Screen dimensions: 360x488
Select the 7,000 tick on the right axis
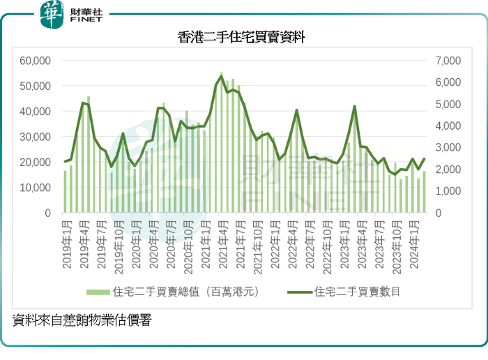pos(449,61)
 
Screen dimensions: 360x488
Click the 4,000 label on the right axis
pos(449,126)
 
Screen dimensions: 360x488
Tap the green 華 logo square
pos(51,15)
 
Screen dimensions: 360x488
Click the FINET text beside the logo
pos(86,21)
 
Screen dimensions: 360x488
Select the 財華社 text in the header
pos(86,9)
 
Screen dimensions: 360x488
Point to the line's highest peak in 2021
pos(222,76)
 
